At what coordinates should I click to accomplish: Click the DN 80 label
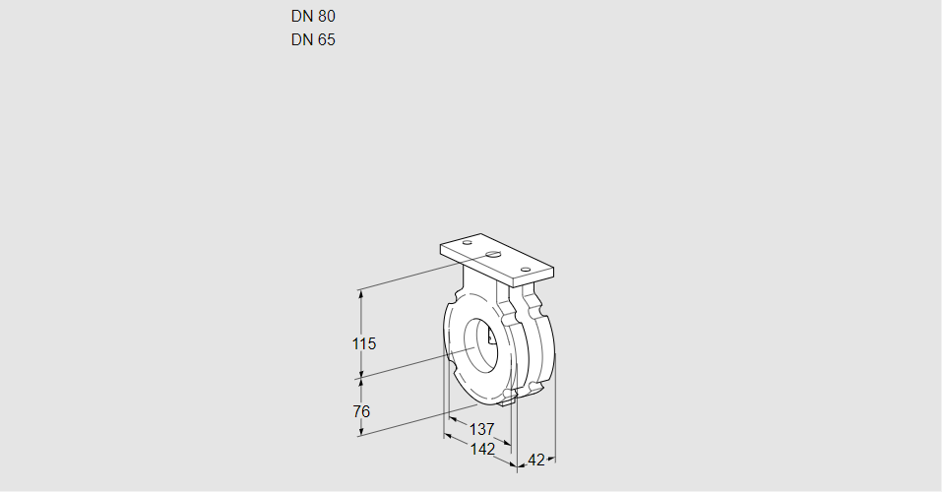313,16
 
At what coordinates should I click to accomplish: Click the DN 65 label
313,40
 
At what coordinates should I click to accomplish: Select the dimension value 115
364,344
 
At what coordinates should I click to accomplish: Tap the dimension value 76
361,410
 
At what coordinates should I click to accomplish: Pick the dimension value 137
481,429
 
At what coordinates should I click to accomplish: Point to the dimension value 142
481,449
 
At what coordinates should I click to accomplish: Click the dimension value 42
536,460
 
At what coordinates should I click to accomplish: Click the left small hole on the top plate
468,242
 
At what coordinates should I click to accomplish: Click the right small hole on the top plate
526,268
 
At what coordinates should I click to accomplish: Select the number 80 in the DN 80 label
326,16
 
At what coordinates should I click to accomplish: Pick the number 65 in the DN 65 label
326,40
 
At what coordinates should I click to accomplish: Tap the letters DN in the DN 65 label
301,40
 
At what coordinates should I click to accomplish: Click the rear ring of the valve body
544,344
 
